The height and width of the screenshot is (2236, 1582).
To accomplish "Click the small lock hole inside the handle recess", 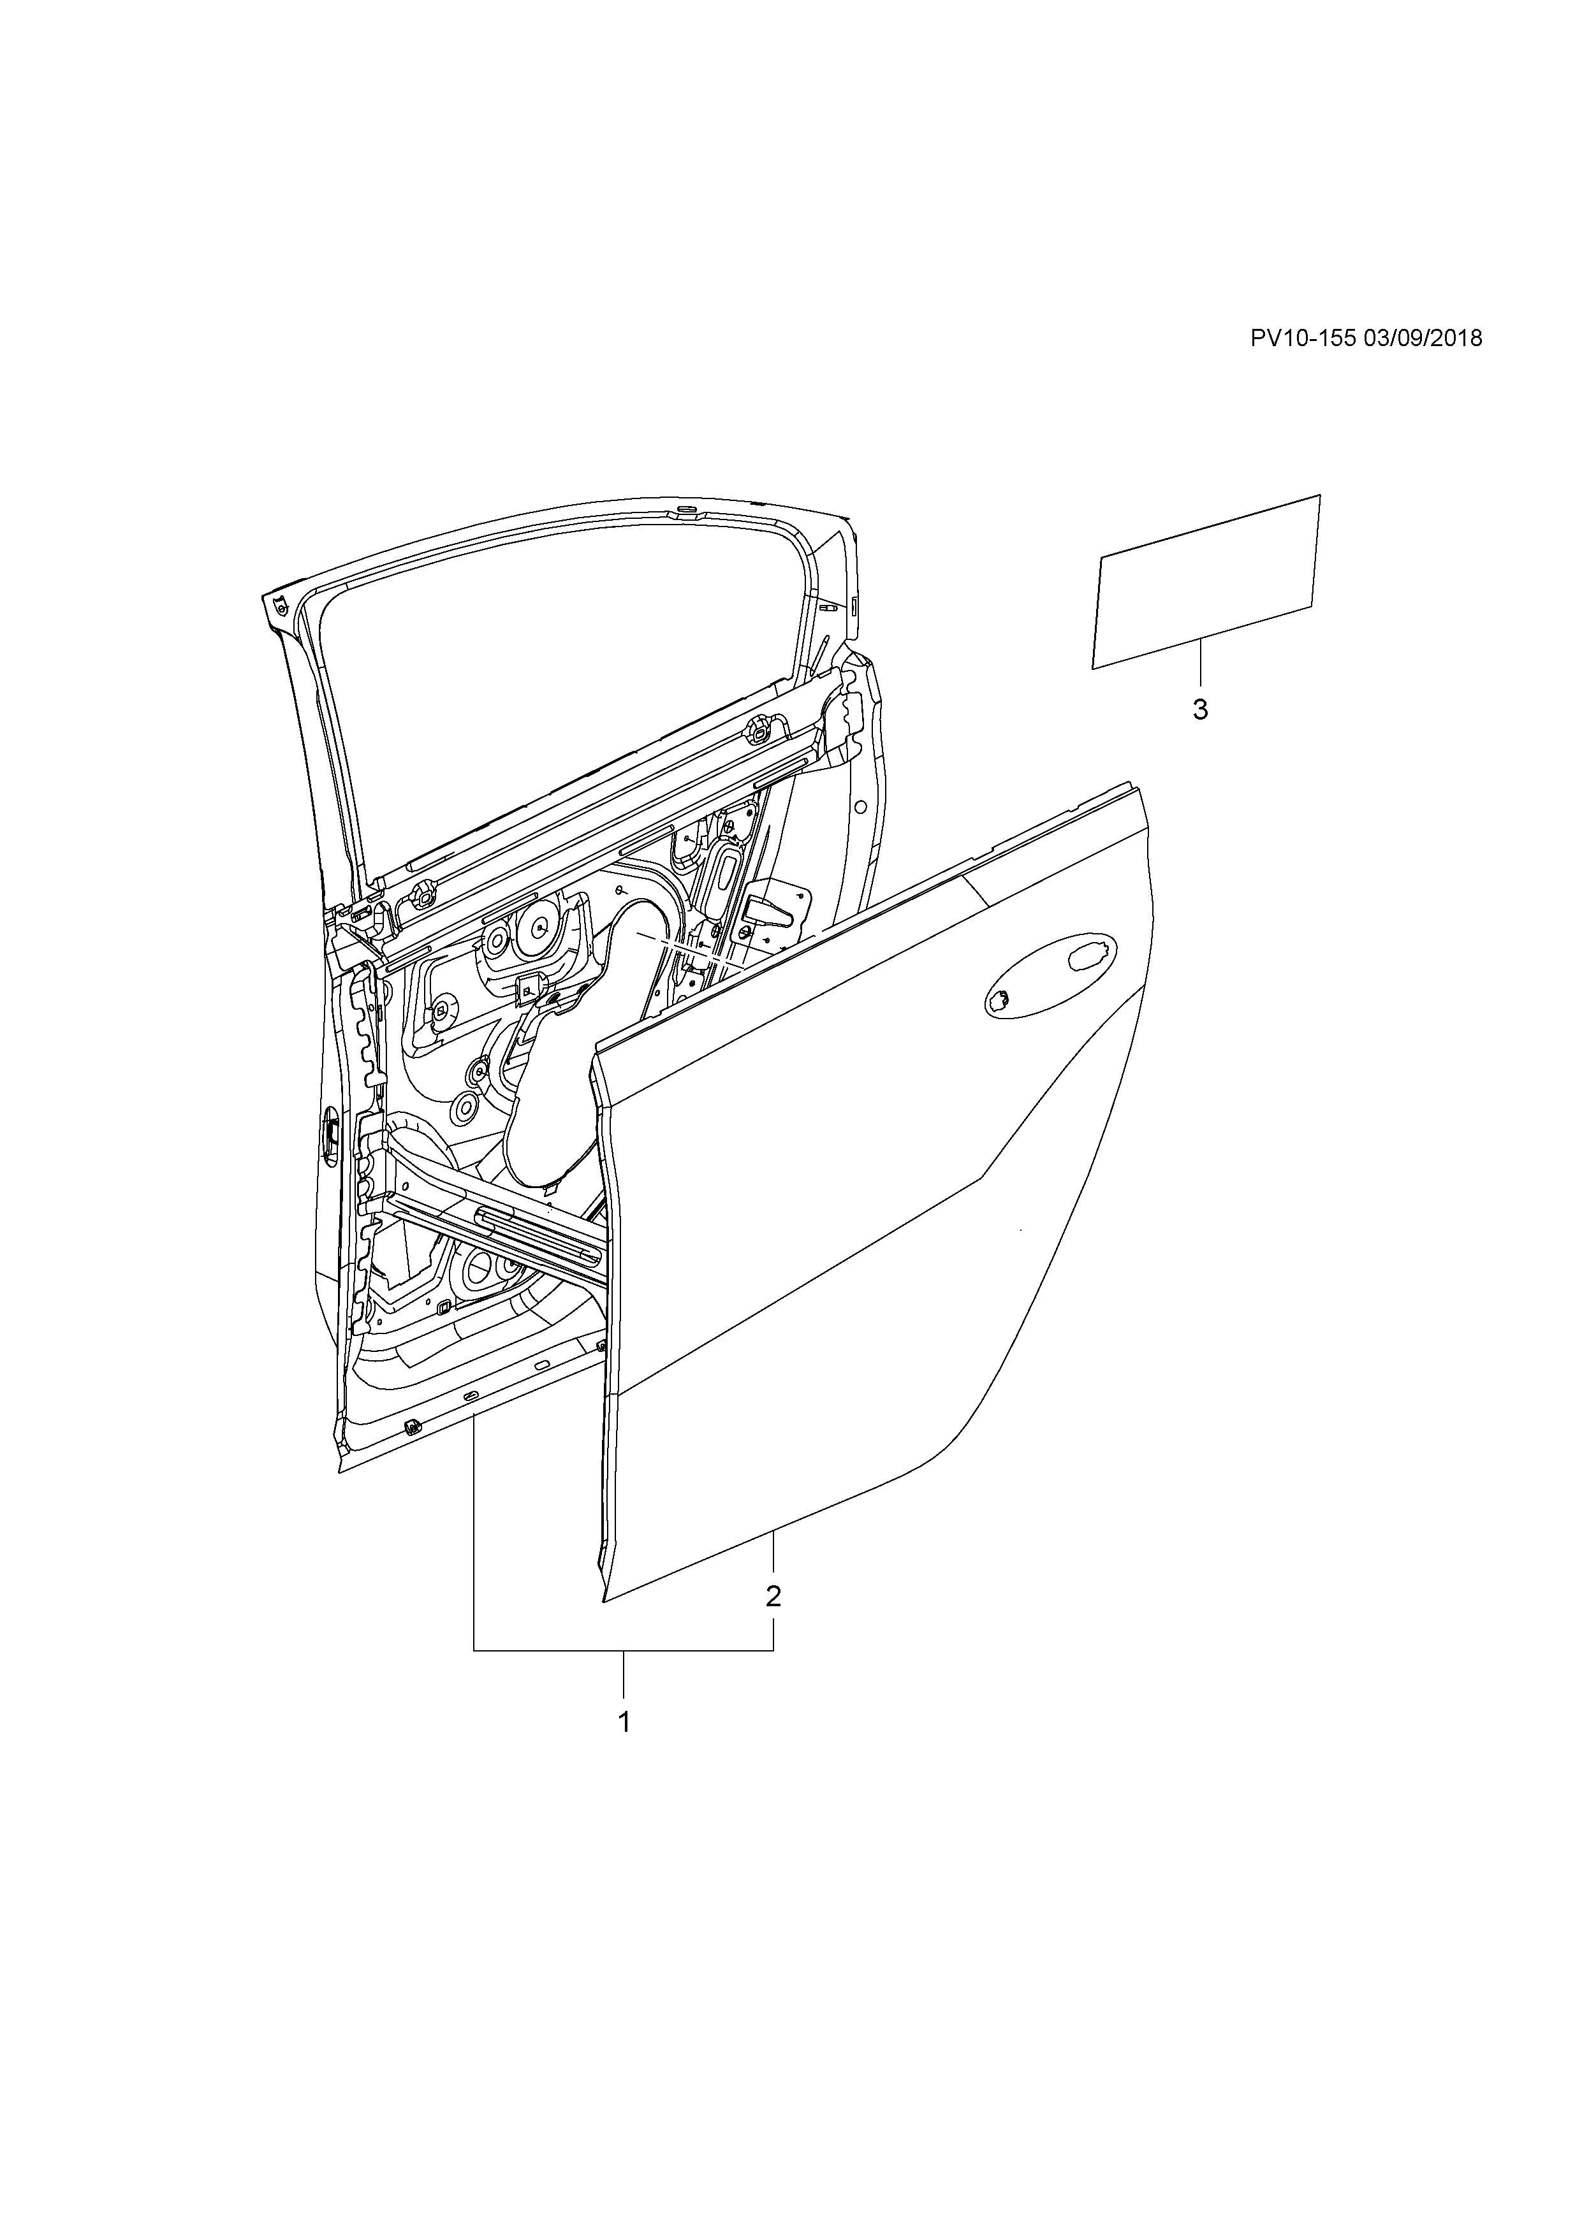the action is pyautogui.click(x=999, y=998).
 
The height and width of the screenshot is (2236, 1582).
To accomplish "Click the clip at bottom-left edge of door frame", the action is pyautogui.click(x=410, y=1428).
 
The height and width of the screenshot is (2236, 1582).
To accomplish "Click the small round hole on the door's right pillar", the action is pyautogui.click(x=860, y=806).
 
